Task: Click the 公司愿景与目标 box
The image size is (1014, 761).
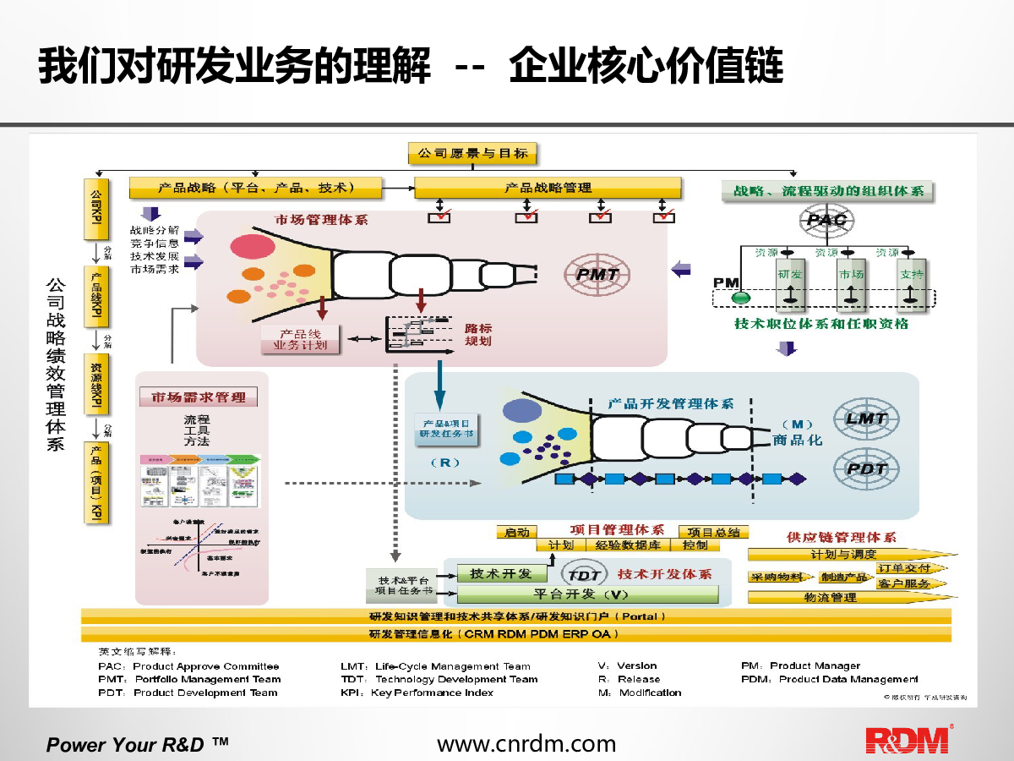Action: [x=472, y=153]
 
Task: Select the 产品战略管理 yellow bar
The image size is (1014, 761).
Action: [x=548, y=188]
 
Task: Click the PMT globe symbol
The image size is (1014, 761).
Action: [x=597, y=274]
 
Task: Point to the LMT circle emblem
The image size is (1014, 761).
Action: [x=866, y=418]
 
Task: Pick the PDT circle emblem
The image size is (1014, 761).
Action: [x=866, y=468]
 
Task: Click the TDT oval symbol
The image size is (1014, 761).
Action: [x=584, y=575]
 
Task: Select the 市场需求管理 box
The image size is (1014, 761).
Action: [x=199, y=397]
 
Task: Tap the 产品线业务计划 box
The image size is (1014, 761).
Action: [x=301, y=340]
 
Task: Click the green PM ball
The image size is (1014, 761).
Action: [x=741, y=298]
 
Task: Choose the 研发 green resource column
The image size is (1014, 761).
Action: [x=790, y=287]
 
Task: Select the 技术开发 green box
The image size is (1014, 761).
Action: [x=501, y=573]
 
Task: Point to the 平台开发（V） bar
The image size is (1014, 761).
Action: [x=581, y=594]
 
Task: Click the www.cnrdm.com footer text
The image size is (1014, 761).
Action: [x=526, y=743]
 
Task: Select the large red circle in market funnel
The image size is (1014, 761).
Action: [x=248, y=245]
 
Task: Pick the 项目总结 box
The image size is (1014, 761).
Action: [x=713, y=532]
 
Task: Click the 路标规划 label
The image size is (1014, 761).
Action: [x=478, y=334]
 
